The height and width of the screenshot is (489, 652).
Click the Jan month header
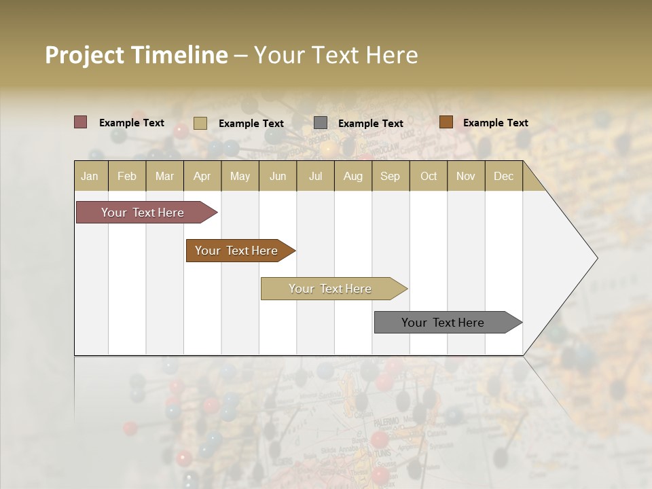pyautogui.click(x=90, y=176)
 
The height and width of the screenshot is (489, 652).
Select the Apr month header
pyautogui.click(x=202, y=176)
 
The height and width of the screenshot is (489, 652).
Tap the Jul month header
pyautogui.click(x=315, y=176)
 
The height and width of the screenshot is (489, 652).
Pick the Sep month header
pyautogui.click(x=390, y=176)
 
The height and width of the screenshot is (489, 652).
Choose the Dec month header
pyautogui.click(x=503, y=176)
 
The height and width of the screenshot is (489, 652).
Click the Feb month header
pyautogui.click(x=127, y=176)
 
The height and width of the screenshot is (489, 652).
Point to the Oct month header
pyautogui.click(x=429, y=176)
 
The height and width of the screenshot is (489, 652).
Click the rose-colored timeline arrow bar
pyautogui.click(x=143, y=213)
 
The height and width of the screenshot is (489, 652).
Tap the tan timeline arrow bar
pyautogui.click(x=330, y=289)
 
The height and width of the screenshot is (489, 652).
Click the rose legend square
pyautogui.click(x=80, y=122)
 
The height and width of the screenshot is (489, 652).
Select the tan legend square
pyautogui.click(x=200, y=123)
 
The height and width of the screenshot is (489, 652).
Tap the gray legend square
pyautogui.click(x=321, y=123)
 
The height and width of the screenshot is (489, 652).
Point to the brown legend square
pyautogui.click(x=446, y=122)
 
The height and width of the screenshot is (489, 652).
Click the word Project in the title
pyautogui.click(x=85, y=55)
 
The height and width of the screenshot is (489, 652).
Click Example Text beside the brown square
pyautogui.click(x=495, y=122)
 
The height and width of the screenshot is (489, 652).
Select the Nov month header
pyautogui.click(x=466, y=176)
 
